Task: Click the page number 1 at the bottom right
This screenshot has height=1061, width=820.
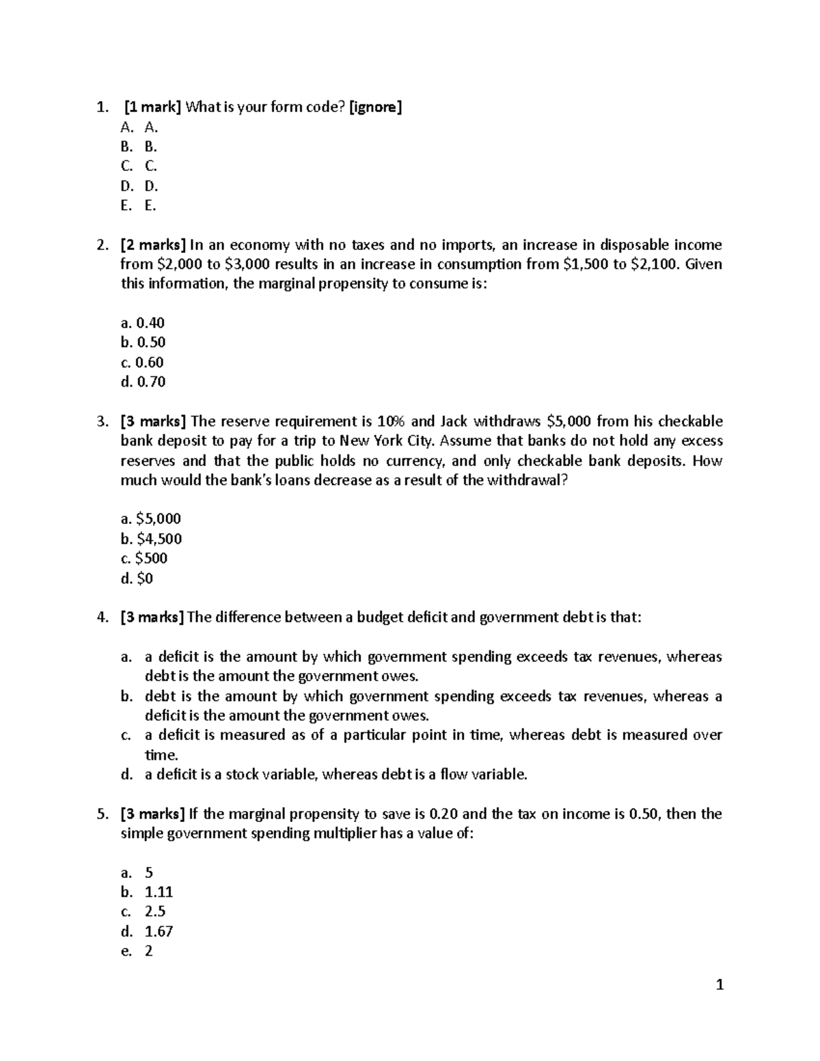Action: [718, 984]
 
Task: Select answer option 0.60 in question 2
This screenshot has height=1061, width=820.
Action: [142, 362]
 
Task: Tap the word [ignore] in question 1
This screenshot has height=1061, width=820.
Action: [375, 107]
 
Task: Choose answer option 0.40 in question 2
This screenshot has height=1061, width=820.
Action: [143, 322]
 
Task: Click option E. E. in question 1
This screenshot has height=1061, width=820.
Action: [139, 206]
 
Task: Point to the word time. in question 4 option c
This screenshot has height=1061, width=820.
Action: [161, 755]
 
